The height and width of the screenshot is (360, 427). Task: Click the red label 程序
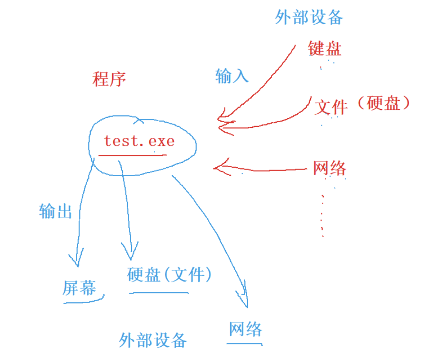point(109,79)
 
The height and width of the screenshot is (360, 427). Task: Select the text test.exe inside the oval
point(139,141)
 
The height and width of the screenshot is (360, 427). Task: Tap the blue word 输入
point(231,75)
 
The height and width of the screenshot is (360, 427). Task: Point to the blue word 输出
point(55,211)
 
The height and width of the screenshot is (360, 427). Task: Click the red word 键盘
point(324,48)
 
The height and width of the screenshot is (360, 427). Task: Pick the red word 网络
point(329,168)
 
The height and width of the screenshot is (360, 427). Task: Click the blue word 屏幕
point(80,288)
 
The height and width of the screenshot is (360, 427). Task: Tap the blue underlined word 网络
point(245,329)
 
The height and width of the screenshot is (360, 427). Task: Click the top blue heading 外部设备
point(309,18)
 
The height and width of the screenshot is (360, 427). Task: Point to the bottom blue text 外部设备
point(153,340)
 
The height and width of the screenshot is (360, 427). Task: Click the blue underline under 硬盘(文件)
point(159,293)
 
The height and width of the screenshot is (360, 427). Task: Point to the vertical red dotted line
point(322,213)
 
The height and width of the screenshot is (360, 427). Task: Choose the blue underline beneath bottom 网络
point(244,343)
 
